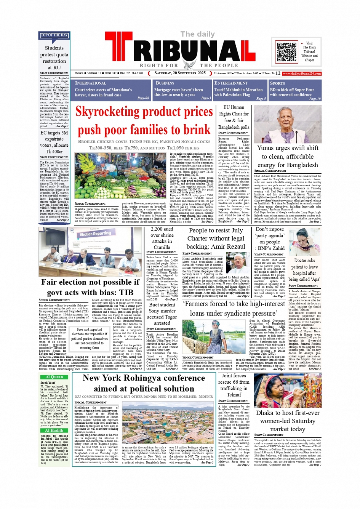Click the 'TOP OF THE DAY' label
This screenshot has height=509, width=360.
coord(54,35)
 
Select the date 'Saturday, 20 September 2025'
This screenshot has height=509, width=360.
coord(180,73)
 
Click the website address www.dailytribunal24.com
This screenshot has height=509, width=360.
coord(301,74)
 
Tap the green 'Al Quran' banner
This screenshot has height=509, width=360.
coord(54,377)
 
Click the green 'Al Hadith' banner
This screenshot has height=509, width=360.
coord(54,430)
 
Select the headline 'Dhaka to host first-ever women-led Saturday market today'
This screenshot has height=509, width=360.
coord(288,421)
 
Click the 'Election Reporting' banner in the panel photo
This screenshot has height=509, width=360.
coord(95,234)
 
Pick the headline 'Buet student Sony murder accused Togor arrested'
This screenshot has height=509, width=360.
coord(162,314)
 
